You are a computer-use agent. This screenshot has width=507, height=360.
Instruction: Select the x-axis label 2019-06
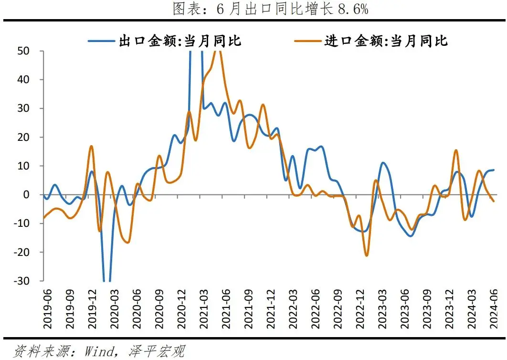pos(47,309)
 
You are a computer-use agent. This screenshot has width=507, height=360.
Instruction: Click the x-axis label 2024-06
pos(493,309)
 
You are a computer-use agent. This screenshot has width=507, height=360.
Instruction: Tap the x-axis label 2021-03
pos(203,309)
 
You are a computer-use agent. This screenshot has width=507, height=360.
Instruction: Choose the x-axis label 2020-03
pos(114,309)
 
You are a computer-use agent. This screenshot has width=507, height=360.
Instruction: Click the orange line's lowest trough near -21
pos(367,255)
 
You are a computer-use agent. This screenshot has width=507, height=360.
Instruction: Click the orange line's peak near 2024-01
pos(456,150)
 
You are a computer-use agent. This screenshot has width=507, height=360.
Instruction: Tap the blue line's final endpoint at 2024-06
pos(494,170)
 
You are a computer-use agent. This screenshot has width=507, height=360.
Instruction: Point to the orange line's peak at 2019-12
pos(91,146)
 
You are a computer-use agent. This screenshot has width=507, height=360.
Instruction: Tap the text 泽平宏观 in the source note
pos(156,351)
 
